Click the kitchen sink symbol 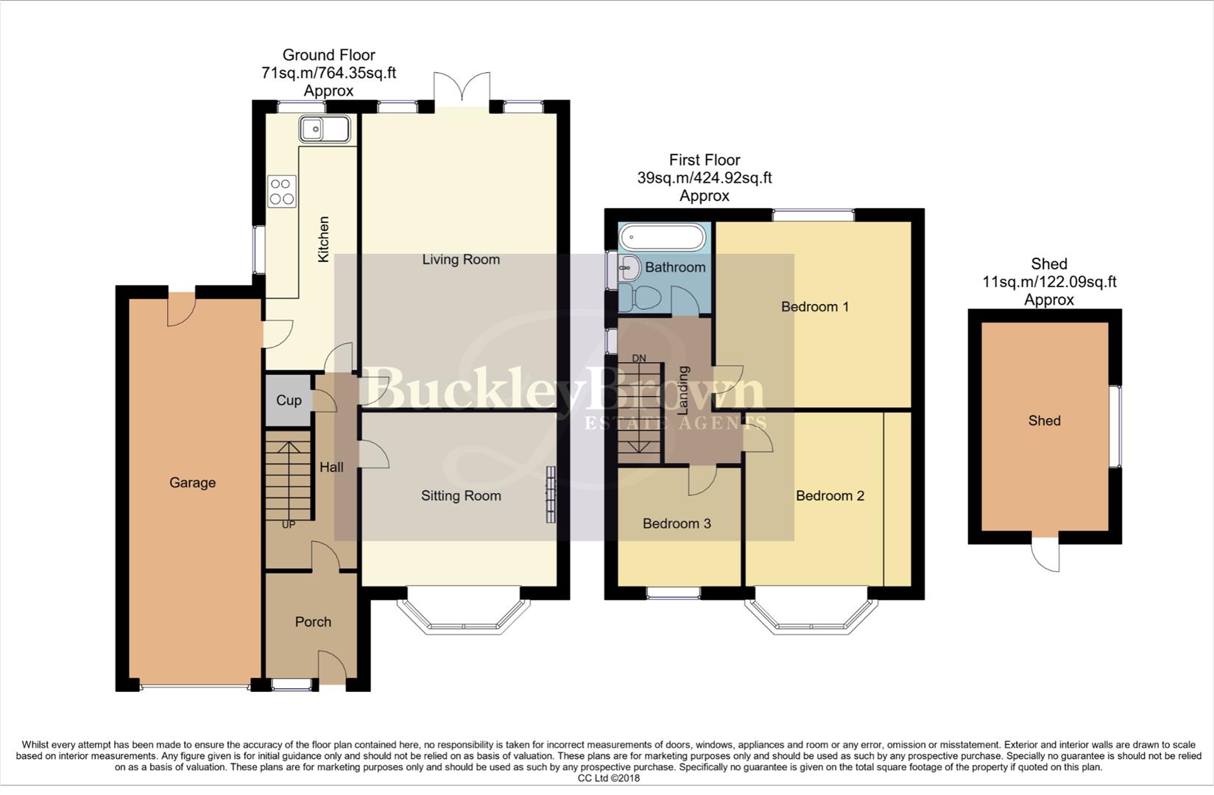pos(324,130)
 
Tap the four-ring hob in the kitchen pos(281,191)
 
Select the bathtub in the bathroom pos(663,238)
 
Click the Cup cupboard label pos(289,400)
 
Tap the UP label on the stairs pos(288,525)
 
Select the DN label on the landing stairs pos(638,358)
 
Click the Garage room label pos(192,483)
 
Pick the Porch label pos(313,622)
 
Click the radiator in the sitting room pos(551,495)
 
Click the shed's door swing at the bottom pos(1046,556)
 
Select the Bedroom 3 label pos(677,524)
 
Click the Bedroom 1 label pos(815,307)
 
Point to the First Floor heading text pos(705,160)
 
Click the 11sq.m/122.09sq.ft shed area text pos(1049,282)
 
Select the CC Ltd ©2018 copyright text pos(609,778)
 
